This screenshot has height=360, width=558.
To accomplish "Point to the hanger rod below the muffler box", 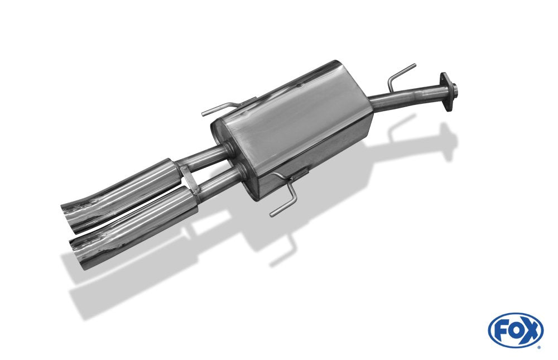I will [285, 198].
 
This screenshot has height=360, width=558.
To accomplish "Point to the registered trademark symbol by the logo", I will [538, 347].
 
